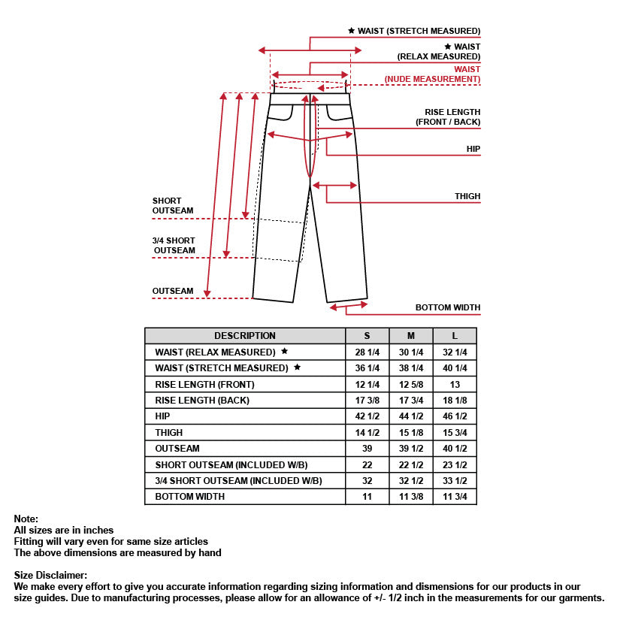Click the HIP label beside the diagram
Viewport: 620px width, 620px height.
pyautogui.click(x=473, y=150)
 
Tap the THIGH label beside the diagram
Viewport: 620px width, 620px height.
pyautogui.click(x=467, y=196)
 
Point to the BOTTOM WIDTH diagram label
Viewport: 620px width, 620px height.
pyautogui.click(x=448, y=307)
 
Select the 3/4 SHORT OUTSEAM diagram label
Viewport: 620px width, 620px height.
pyautogui.click(x=174, y=246)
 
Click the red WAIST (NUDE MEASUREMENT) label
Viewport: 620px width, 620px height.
pyautogui.click(x=432, y=74)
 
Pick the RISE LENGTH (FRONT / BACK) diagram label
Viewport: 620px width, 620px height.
pyautogui.click(x=448, y=117)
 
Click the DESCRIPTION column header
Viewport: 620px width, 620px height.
pyautogui.click(x=245, y=336)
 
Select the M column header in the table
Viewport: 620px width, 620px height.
pyautogui.click(x=411, y=336)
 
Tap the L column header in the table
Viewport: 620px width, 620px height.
pyautogui.click(x=455, y=336)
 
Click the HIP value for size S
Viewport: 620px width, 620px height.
pyautogui.click(x=367, y=416)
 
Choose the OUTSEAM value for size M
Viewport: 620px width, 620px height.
pyautogui.click(x=411, y=449)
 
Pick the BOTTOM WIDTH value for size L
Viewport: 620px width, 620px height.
pyautogui.click(x=455, y=497)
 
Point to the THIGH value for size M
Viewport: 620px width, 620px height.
pyautogui.click(x=411, y=433)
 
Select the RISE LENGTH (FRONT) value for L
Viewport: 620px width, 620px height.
pyautogui.click(x=455, y=384)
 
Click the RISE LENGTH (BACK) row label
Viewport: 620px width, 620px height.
pyautogui.click(x=202, y=401)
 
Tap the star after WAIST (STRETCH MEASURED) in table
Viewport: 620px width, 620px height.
pyautogui.click(x=297, y=367)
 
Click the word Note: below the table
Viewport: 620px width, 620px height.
pyautogui.click(x=26, y=519)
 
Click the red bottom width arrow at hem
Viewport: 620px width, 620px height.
pyautogui.click(x=349, y=305)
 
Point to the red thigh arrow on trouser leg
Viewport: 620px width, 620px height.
pyautogui.click(x=334, y=185)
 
